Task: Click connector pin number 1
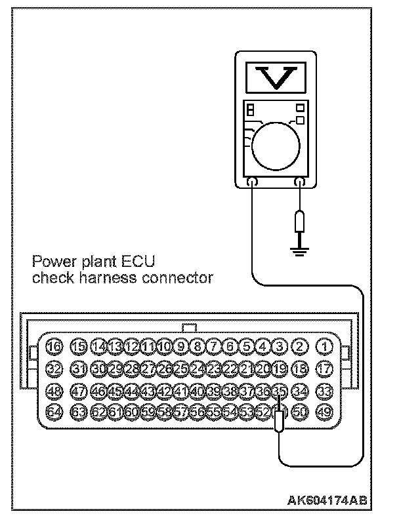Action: click(x=324, y=346)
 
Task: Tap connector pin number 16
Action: click(x=54, y=346)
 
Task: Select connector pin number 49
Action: click(x=324, y=412)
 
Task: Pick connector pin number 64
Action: click(x=54, y=412)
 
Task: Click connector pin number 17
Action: click(x=324, y=368)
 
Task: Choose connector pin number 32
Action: click(x=54, y=368)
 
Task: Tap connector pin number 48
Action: click(x=54, y=391)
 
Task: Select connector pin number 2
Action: click(x=301, y=346)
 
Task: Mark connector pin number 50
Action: click(x=301, y=412)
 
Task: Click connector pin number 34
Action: click(x=301, y=391)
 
